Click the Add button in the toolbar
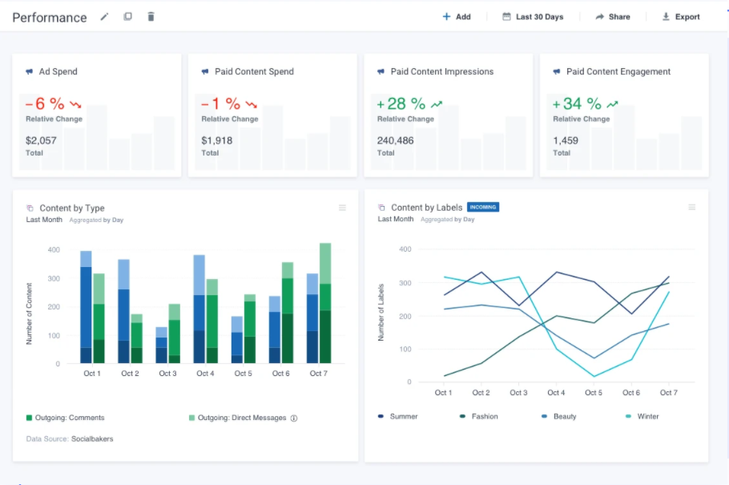[x=457, y=17]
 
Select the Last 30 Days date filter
[x=533, y=17]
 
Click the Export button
[x=681, y=17]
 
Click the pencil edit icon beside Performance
[x=104, y=17]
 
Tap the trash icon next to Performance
[x=151, y=17]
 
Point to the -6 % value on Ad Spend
[x=45, y=103]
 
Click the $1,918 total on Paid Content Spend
[x=216, y=140]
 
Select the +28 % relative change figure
[x=401, y=103]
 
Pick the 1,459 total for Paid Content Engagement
[x=566, y=140]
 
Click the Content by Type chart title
[x=72, y=208]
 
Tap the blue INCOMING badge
[x=482, y=208]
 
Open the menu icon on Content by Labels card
[x=692, y=208]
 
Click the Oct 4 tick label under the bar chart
[x=205, y=374]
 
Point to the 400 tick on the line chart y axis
[x=405, y=249]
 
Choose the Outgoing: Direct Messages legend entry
[x=241, y=418]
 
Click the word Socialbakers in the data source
[x=92, y=439]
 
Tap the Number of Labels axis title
[x=381, y=313]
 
